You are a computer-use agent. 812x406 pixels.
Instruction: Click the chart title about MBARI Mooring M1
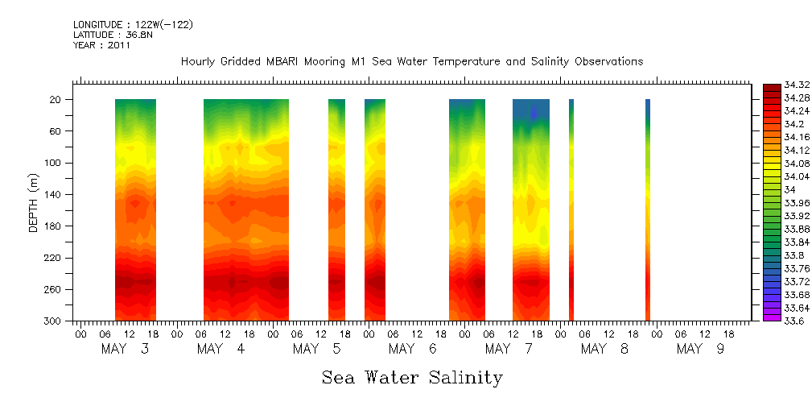(x=411, y=62)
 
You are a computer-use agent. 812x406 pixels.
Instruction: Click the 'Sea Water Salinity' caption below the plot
(x=412, y=378)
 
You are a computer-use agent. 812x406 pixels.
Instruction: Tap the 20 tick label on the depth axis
(x=56, y=100)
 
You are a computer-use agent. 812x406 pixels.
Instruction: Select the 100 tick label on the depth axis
(x=54, y=163)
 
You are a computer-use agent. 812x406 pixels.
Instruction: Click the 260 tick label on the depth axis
(x=54, y=290)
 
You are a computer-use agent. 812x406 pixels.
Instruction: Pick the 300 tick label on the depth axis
(x=54, y=321)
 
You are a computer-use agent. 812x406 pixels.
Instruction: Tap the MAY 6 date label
(x=412, y=349)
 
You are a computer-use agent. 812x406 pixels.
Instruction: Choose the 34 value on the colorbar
(x=788, y=189)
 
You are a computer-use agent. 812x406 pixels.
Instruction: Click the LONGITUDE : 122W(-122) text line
(x=133, y=25)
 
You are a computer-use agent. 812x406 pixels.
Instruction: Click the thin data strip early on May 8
(x=571, y=209)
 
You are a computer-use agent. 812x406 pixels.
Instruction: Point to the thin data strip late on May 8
(x=647, y=209)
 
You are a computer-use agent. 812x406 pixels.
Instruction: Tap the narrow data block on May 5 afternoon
(x=336, y=209)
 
